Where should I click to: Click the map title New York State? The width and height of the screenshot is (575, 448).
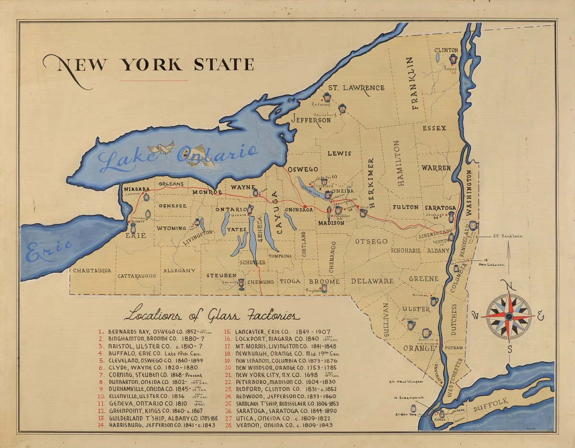tap(149, 65)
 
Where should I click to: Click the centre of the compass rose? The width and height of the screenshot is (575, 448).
tap(509, 316)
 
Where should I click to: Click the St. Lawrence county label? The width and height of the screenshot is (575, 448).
tap(356, 88)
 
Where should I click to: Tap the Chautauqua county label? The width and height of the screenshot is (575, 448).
tap(92, 271)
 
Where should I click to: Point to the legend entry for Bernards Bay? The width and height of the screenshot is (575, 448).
tap(156, 332)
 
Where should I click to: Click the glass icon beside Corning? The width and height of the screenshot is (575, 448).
tap(241, 284)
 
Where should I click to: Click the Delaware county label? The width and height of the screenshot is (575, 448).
tap(372, 281)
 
